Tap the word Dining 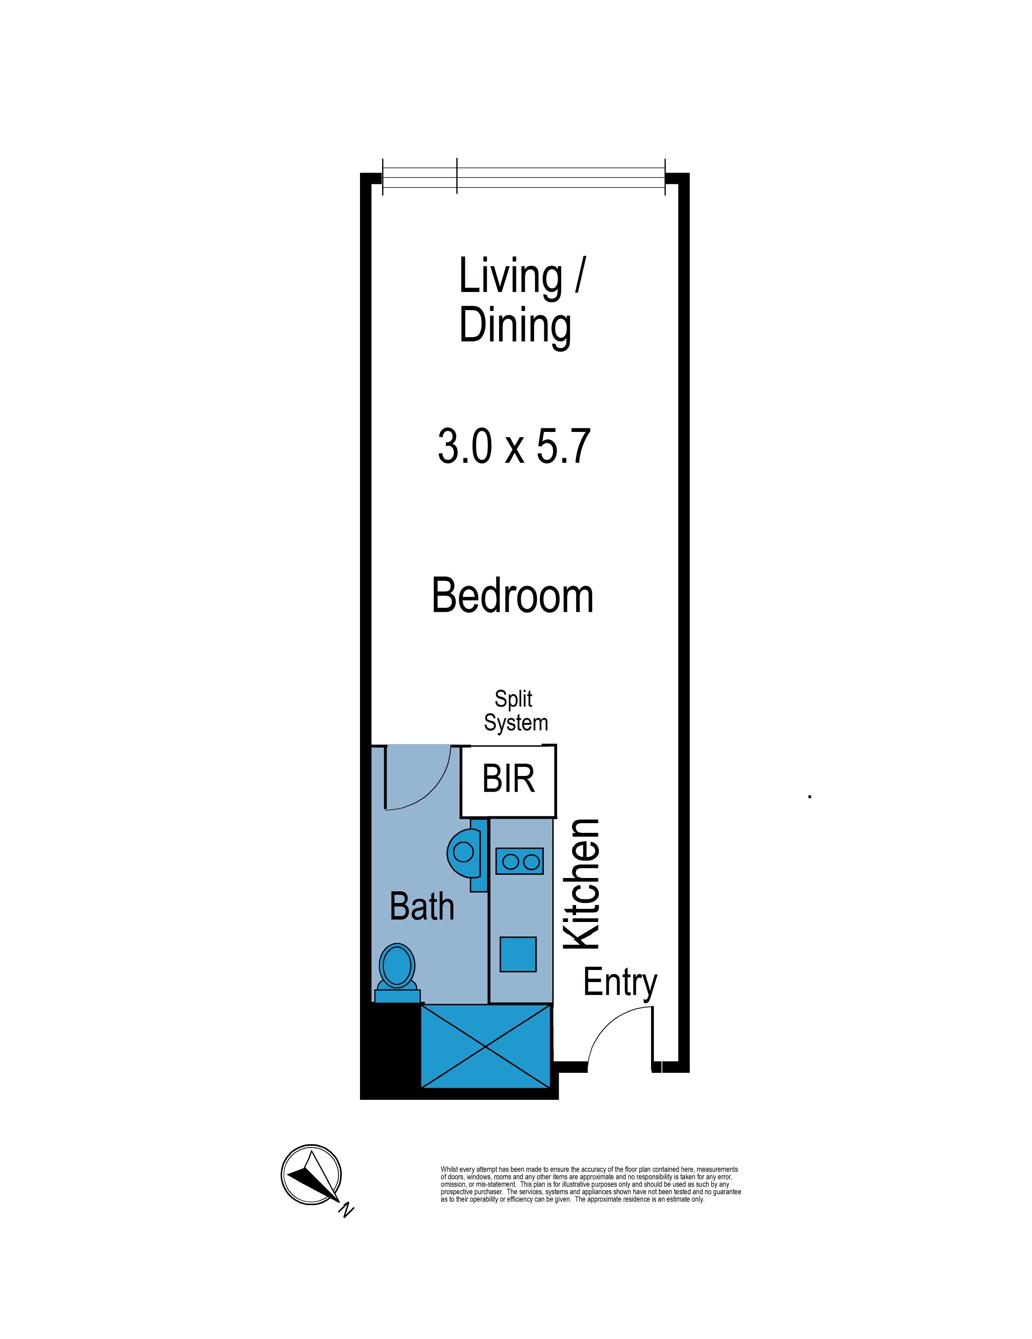[x=515, y=326]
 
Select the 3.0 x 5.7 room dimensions [x=514, y=446]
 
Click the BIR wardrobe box [x=508, y=780]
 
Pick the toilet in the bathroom [x=397, y=974]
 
